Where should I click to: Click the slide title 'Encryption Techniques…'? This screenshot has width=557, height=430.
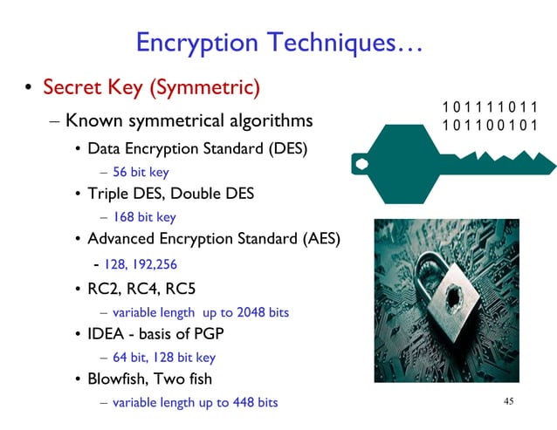click(279, 44)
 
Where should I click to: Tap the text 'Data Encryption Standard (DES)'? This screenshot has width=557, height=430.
click(197, 148)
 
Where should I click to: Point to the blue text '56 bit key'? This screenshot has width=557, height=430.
click(141, 172)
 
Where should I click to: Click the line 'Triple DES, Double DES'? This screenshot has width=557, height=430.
click(170, 194)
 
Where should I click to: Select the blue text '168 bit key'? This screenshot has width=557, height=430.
click(144, 217)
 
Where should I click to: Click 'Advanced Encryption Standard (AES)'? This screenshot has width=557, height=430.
click(213, 239)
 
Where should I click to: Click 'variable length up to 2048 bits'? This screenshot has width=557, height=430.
click(200, 311)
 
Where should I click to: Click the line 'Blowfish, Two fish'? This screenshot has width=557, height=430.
click(149, 379)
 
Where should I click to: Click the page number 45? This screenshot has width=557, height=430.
click(511, 401)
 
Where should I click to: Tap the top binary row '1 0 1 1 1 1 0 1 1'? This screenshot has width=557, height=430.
click(490, 107)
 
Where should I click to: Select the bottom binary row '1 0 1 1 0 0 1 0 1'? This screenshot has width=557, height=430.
click(490, 125)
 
